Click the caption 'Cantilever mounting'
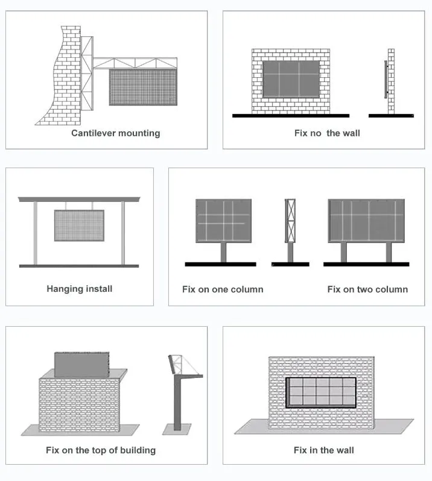tap(116, 133)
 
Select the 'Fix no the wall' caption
tap(327, 133)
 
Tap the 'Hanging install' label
tap(80, 289)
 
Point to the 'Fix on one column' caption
tap(223, 289)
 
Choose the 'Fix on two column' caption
tap(367, 289)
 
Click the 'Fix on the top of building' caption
tap(101, 450)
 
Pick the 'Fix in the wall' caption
tap(324, 450)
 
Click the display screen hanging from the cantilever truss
tap(143, 87)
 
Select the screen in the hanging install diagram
tap(79, 225)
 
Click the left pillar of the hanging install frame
tap(36, 233)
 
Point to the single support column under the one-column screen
tap(223, 252)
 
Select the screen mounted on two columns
tap(366, 221)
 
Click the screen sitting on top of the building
tap(79, 364)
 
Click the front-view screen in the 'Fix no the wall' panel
tap(291, 78)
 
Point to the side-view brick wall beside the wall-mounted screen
tap(391, 82)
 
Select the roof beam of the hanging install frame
tap(79, 199)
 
